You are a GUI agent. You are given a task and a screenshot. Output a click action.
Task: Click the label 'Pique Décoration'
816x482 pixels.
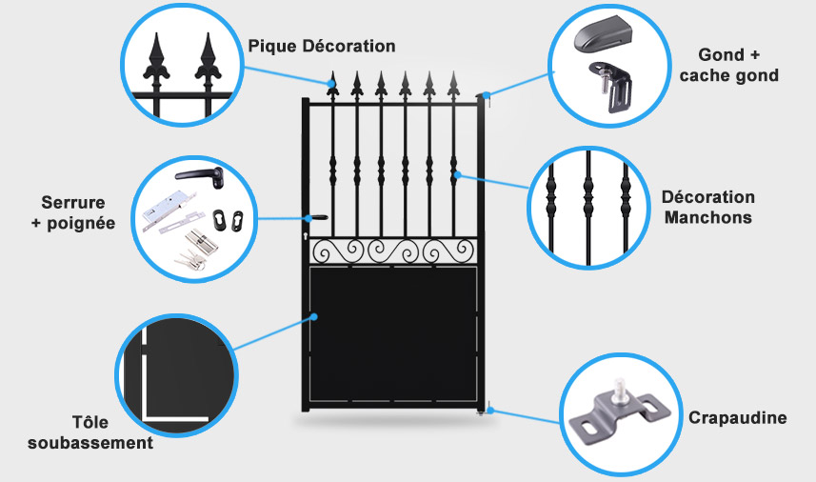coord(321,46)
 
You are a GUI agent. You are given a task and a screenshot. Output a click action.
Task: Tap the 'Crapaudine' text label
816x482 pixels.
coord(737,418)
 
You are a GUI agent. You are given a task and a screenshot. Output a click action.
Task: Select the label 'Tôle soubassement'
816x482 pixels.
coord(90,432)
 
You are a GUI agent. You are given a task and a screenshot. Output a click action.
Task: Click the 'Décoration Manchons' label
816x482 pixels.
coord(707,207)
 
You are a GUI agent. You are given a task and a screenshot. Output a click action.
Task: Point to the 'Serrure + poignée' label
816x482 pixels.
coord(73,212)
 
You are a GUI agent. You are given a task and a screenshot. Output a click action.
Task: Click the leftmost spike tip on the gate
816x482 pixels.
coord(332,82)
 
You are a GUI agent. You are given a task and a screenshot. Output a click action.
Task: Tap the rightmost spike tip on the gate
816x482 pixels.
coord(453,82)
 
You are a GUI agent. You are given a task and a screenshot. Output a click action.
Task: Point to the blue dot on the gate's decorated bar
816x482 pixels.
coord(457,174)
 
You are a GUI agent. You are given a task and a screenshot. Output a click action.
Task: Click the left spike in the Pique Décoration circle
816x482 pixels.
coord(157,62)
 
